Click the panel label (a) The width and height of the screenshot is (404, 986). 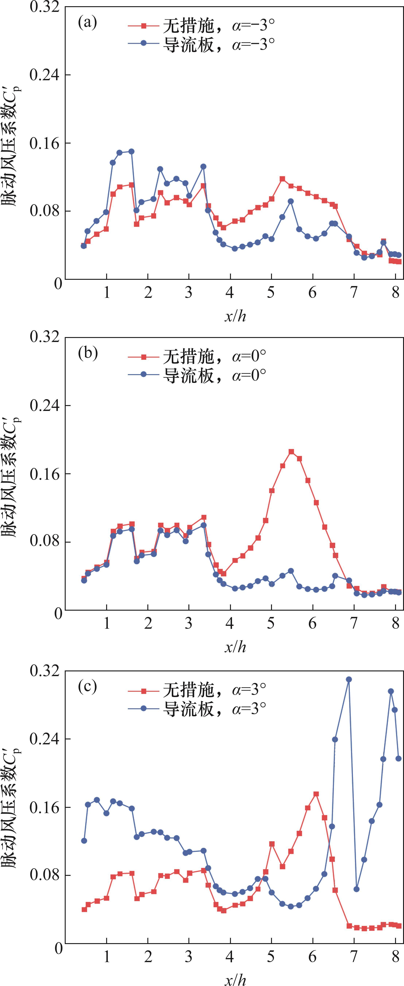[x=87, y=23]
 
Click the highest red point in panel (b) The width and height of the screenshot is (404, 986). [x=291, y=452]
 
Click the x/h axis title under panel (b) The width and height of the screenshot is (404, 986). [x=235, y=647]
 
